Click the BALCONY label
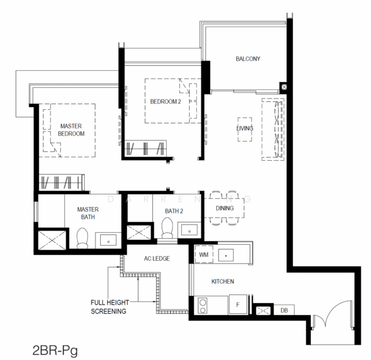coord(247,59)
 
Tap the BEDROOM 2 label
coord(165,101)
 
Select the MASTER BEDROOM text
coord(71,130)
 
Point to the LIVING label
coord(244,128)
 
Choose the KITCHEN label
coord(222,281)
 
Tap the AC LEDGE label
coord(157,259)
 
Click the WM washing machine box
coord(203,255)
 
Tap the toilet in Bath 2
coord(166,229)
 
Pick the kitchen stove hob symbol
coord(203,305)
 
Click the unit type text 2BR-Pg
coord(54,348)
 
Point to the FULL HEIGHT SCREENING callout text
coord(109,307)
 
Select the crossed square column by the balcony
coord(285,87)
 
